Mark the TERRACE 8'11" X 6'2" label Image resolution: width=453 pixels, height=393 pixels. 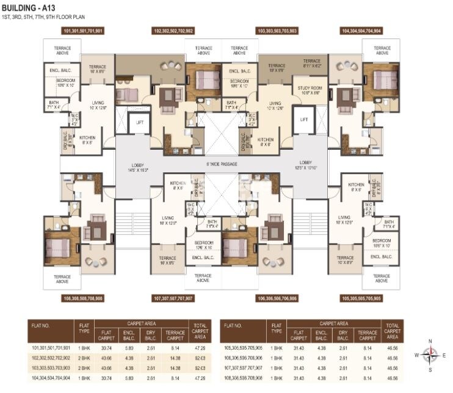[x=312, y=64]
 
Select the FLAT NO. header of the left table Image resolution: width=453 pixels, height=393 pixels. [x=42, y=326]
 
